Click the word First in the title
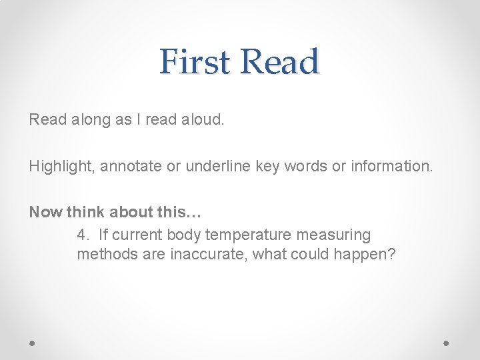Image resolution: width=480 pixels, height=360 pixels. click(195, 62)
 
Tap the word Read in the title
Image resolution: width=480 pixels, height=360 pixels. click(279, 62)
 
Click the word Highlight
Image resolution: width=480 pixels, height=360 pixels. click(63, 166)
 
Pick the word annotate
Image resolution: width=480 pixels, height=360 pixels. click(131, 166)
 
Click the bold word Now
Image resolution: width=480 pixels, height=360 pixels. click(44, 213)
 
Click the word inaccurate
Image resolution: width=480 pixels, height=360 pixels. click(209, 255)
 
